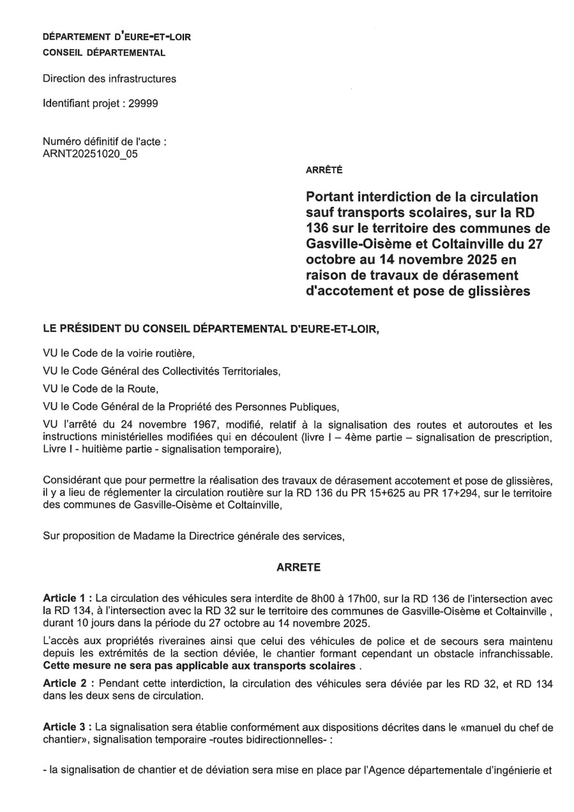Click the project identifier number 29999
tap(145, 103)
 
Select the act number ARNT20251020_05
tap(90, 153)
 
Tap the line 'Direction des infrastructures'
tap(109, 79)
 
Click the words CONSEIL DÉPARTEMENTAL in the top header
tap(104, 53)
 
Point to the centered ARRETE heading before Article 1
tap(294, 566)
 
